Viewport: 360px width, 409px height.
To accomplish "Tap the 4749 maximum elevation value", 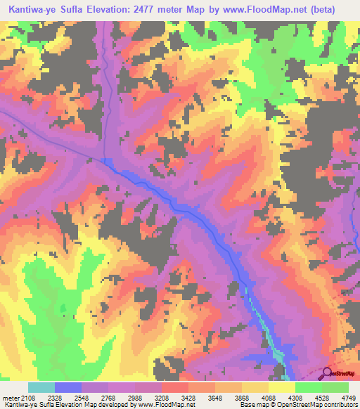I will click(348, 398).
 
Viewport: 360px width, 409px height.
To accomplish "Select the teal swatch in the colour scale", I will click(41, 387).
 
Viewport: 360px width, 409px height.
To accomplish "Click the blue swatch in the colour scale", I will click(68, 387).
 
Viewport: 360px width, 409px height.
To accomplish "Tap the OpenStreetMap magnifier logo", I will click(327, 374).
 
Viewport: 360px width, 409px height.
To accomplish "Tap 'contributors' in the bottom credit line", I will click(341, 405).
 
